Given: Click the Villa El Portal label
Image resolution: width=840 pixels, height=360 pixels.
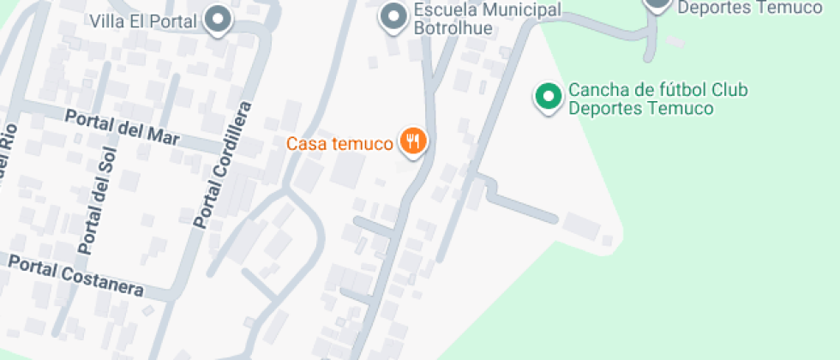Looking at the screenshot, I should pyautogui.click(x=144, y=20).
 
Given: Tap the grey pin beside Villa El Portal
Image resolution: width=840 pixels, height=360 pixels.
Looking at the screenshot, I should pyautogui.click(x=219, y=20).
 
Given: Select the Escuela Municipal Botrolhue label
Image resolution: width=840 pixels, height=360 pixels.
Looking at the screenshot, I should pyautogui.click(x=486, y=18).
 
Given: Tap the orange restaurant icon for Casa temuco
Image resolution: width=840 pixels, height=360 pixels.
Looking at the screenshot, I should pyautogui.click(x=413, y=141).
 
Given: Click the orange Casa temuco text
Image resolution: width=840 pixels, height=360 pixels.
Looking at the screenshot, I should pyautogui.click(x=340, y=143).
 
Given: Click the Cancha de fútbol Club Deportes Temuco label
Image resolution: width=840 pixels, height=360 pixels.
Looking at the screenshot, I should pyautogui.click(x=658, y=99).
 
